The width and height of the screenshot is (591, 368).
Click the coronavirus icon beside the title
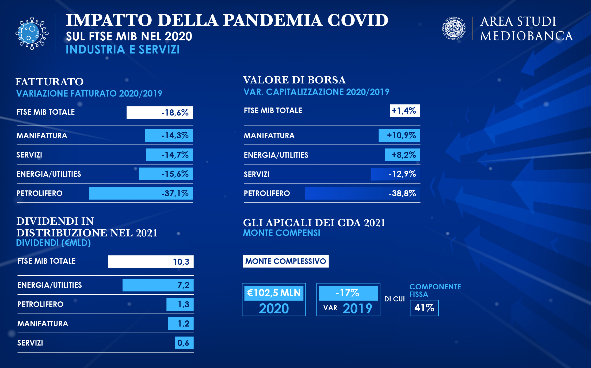[x=32, y=33]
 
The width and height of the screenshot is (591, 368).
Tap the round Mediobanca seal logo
[x=454, y=29]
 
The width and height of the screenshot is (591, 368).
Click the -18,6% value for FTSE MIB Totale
[x=160, y=113]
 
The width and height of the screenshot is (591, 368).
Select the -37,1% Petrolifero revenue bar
[x=141, y=193]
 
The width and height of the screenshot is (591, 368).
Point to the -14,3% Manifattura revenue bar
[x=169, y=135]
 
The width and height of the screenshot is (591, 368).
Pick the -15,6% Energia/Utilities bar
[x=166, y=174]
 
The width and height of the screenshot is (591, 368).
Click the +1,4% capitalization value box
[x=405, y=111]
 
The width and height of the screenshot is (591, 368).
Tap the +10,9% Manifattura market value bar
[x=399, y=135]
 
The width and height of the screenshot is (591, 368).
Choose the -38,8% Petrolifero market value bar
[x=363, y=193]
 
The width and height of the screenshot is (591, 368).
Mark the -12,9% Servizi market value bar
[x=395, y=174]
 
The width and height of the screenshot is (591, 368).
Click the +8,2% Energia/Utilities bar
[x=402, y=155]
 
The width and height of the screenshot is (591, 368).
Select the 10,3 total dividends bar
[x=151, y=262]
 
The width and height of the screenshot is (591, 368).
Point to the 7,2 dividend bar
[x=158, y=285]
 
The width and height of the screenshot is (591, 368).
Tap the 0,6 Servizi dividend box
[x=184, y=343]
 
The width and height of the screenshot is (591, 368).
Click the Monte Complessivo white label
[x=285, y=261]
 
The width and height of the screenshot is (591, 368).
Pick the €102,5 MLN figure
[x=274, y=293]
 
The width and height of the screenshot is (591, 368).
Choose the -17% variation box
[x=348, y=293]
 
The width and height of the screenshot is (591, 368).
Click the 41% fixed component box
[x=424, y=308]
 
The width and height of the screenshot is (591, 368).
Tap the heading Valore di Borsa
[x=294, y=80]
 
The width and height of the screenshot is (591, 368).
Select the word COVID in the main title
[x=358, y=20]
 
